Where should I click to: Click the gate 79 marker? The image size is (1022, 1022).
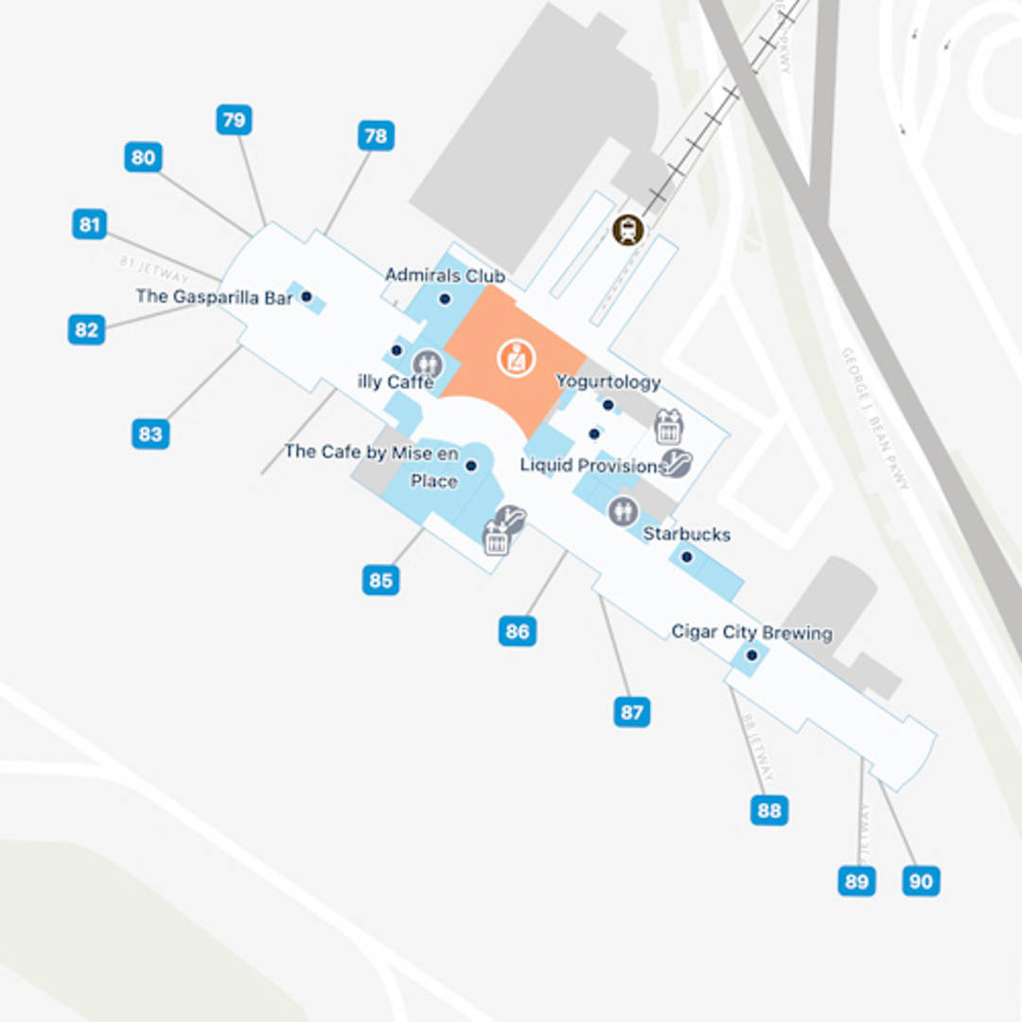234,120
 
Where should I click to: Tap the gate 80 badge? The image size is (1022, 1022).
143,157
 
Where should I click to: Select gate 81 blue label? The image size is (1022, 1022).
89,225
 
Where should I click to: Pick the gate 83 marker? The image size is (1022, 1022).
150,434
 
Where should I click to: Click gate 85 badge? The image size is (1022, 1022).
380,579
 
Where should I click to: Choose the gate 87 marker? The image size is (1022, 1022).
632,712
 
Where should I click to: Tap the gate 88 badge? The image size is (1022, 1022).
769,810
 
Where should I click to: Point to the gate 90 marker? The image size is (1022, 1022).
921,881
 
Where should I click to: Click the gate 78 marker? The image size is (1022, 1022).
376,136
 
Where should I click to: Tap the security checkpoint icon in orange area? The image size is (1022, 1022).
517,359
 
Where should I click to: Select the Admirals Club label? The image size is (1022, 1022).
445,275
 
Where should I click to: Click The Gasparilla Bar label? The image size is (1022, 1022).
215,296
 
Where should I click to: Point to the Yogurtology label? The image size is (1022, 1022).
608,381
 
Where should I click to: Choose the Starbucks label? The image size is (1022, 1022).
687,534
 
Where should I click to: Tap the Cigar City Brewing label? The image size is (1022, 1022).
752,632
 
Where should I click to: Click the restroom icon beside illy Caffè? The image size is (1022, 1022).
428,362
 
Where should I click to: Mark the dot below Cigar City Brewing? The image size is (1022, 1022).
751,655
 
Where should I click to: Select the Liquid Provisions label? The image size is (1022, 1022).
593,466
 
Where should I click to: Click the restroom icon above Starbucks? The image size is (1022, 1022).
623,511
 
